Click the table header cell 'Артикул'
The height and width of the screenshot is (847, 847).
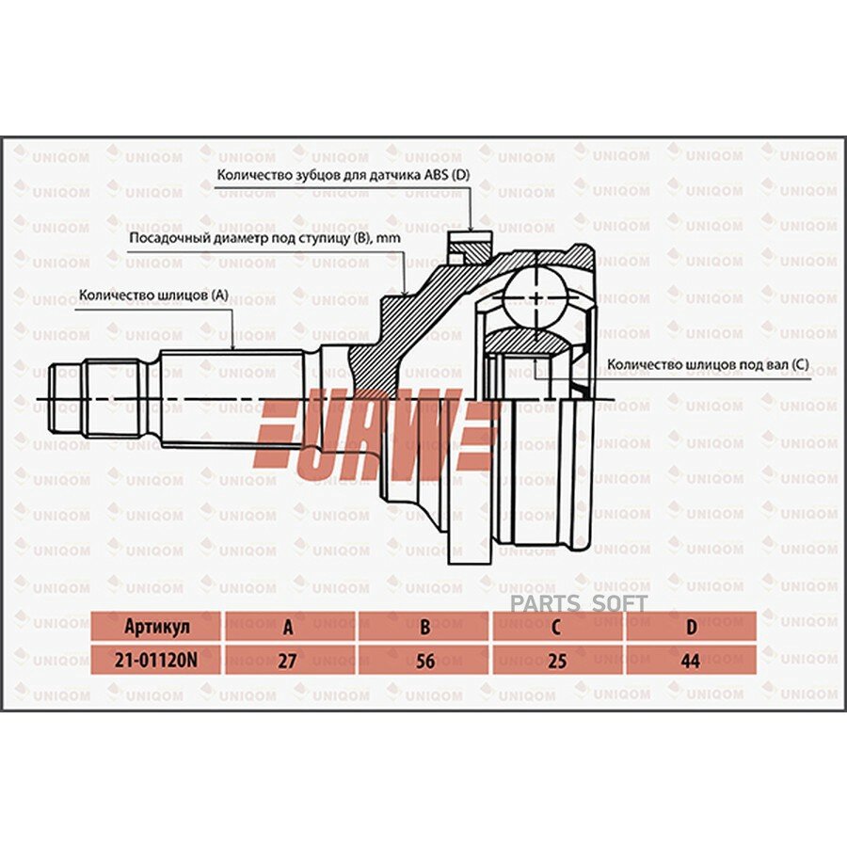click(156, 627)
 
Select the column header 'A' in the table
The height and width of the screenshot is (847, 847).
click(289, 627)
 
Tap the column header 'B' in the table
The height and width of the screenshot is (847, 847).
click(425, 627)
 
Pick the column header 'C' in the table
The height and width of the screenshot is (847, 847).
click(556, 627)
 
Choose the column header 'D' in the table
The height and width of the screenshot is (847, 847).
click(691, 627)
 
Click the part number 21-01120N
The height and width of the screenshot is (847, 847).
click(155, 660)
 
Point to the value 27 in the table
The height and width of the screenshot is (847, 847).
click(287, 661)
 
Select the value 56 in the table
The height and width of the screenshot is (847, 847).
click(425, 661)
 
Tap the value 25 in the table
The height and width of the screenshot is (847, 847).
click(557, 661)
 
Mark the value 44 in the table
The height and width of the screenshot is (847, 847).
click(691, 661)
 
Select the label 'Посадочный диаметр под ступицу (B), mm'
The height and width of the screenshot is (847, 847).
click(265, 238)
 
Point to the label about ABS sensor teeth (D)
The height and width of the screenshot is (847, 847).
click(344, 175)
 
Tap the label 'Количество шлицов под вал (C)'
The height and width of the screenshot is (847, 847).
click(708, 364)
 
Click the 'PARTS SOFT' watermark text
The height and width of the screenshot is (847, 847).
click(579, 604)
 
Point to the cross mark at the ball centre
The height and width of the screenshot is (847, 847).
click(535, 297)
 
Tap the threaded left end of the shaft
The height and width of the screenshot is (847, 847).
click(67, 399)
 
